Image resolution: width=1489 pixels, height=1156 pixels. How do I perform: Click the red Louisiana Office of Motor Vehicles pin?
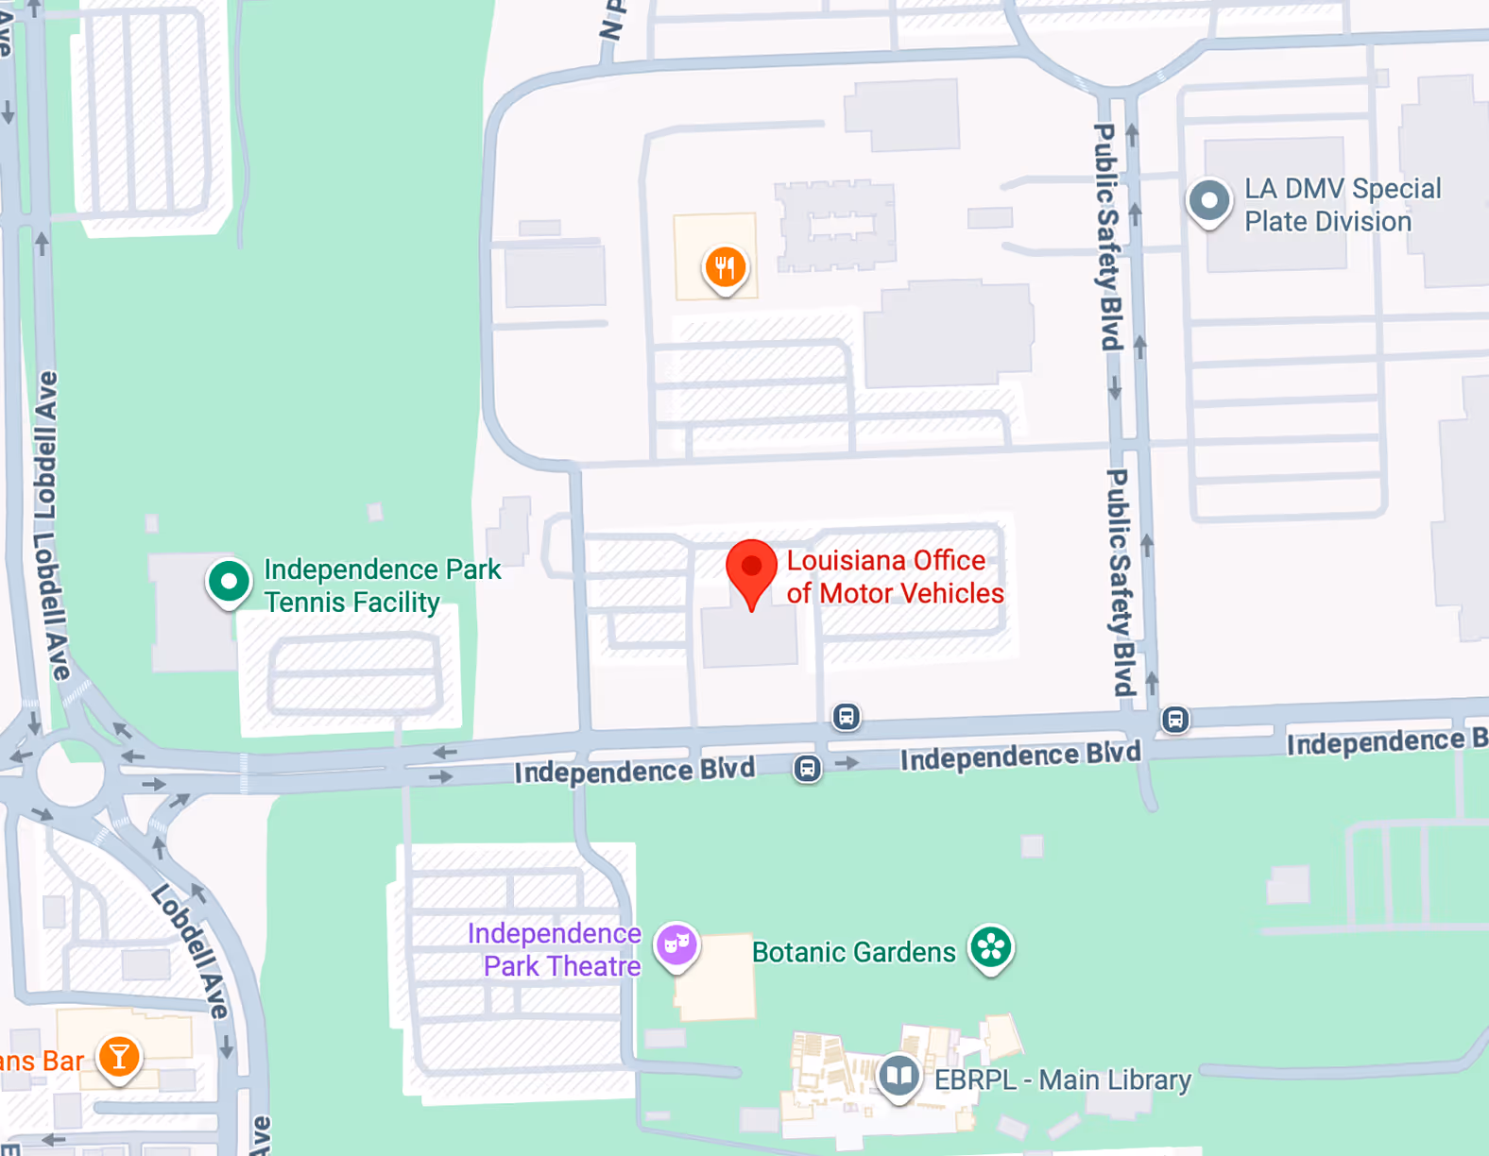[x=751, y=569]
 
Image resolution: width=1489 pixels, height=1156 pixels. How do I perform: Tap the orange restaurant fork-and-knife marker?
[x=725, y=268]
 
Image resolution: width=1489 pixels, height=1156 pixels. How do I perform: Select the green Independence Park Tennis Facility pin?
[x=229, y=582]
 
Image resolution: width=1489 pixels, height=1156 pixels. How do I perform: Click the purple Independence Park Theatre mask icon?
[x=676, y=943]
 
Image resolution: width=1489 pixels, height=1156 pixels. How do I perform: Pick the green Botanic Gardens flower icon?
[x=991, y=946]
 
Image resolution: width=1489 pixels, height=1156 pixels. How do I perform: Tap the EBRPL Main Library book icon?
[x=899, y=1075]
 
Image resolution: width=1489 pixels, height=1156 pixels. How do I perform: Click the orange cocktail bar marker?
[x=119, y=1057]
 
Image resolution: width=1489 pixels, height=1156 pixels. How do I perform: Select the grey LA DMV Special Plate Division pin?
[x=1208, y=201]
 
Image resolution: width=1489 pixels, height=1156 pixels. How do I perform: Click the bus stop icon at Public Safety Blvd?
[x=1174, y=720]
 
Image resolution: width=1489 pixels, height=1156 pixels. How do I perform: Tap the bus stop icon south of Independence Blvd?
[x=807, y=769]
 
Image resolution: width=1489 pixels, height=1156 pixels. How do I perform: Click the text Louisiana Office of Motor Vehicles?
[x=894, y=577]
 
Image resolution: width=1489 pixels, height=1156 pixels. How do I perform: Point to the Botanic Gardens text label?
[x=853, y=952]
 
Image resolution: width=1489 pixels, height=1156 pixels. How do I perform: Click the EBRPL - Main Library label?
[x=1062, y=1079]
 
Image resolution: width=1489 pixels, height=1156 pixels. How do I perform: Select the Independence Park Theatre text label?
[x=556, y=950]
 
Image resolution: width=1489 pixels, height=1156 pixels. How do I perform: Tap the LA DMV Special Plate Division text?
[x=1342, y=205]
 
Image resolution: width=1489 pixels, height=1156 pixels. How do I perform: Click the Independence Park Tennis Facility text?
[x=382, y=586]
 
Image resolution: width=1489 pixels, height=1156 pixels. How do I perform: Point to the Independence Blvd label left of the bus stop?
[x=634, y=772]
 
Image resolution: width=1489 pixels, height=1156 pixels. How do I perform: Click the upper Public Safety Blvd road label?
[x=1107, y=236]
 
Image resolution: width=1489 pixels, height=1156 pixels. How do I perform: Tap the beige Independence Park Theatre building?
[x=717, y=978]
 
